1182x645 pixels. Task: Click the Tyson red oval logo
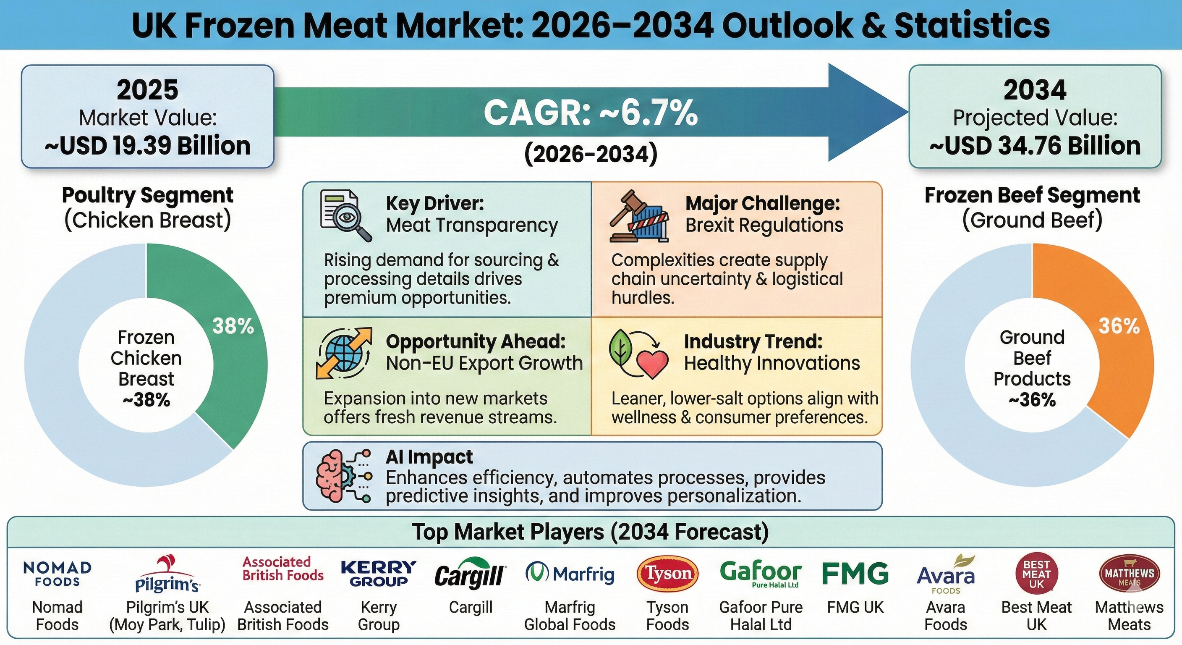[x=668, y=573]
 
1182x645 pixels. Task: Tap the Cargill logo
[x=470, y=574]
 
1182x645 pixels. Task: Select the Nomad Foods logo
[x=58, y=574]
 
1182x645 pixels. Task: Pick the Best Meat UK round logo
[x=1036, y=574]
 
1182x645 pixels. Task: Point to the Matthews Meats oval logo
[x=1129, y=574]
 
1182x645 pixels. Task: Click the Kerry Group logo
[x=379, y=574]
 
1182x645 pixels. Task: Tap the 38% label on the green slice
[x=233, y=326]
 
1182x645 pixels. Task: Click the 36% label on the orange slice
[x=1119, y=326]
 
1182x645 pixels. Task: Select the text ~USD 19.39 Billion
[x=148, y=146]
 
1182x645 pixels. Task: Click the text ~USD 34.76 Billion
[x=1035, y=146]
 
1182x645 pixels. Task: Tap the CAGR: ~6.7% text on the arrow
[x=591, y=113]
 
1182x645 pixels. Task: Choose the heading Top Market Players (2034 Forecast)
[x=591, y=532]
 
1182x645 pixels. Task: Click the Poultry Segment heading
[x=148, y=195]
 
